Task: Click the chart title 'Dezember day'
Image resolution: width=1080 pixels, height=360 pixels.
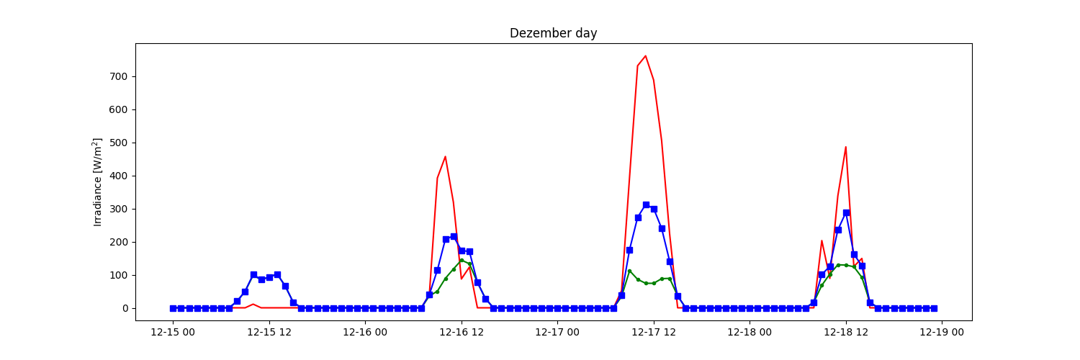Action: (553, 33)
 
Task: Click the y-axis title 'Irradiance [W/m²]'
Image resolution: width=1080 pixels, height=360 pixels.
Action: (98, 182)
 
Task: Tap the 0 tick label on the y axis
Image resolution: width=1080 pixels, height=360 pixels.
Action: (125, 308)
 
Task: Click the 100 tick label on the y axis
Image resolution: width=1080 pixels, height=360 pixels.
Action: (120, 275)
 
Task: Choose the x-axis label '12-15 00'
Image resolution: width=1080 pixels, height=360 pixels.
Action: (173, 332)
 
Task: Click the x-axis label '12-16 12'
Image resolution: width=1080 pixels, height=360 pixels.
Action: (462, 332)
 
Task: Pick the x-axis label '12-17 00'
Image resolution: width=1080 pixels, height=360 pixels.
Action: (557, 332)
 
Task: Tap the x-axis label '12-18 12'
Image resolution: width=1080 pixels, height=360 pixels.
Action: (846, 332)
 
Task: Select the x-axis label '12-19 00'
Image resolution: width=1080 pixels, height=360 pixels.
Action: (942, 332)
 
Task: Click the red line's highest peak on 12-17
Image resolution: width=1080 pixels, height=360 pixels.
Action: (646, 55)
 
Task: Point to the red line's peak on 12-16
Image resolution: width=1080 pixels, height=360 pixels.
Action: (446, 156)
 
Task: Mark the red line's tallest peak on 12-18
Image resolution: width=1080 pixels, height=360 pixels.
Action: (846, 147)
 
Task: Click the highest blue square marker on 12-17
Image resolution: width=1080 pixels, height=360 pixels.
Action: (646, 204)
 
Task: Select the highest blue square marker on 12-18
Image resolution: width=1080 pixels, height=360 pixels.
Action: (846, 212)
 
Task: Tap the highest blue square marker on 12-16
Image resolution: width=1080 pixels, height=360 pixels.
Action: (454, 236)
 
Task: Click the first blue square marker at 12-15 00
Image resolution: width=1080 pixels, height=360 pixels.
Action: (173, 308)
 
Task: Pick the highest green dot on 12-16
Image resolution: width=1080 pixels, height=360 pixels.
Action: (462, 260)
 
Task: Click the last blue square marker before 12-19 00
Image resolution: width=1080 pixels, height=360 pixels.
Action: (934, 308)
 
